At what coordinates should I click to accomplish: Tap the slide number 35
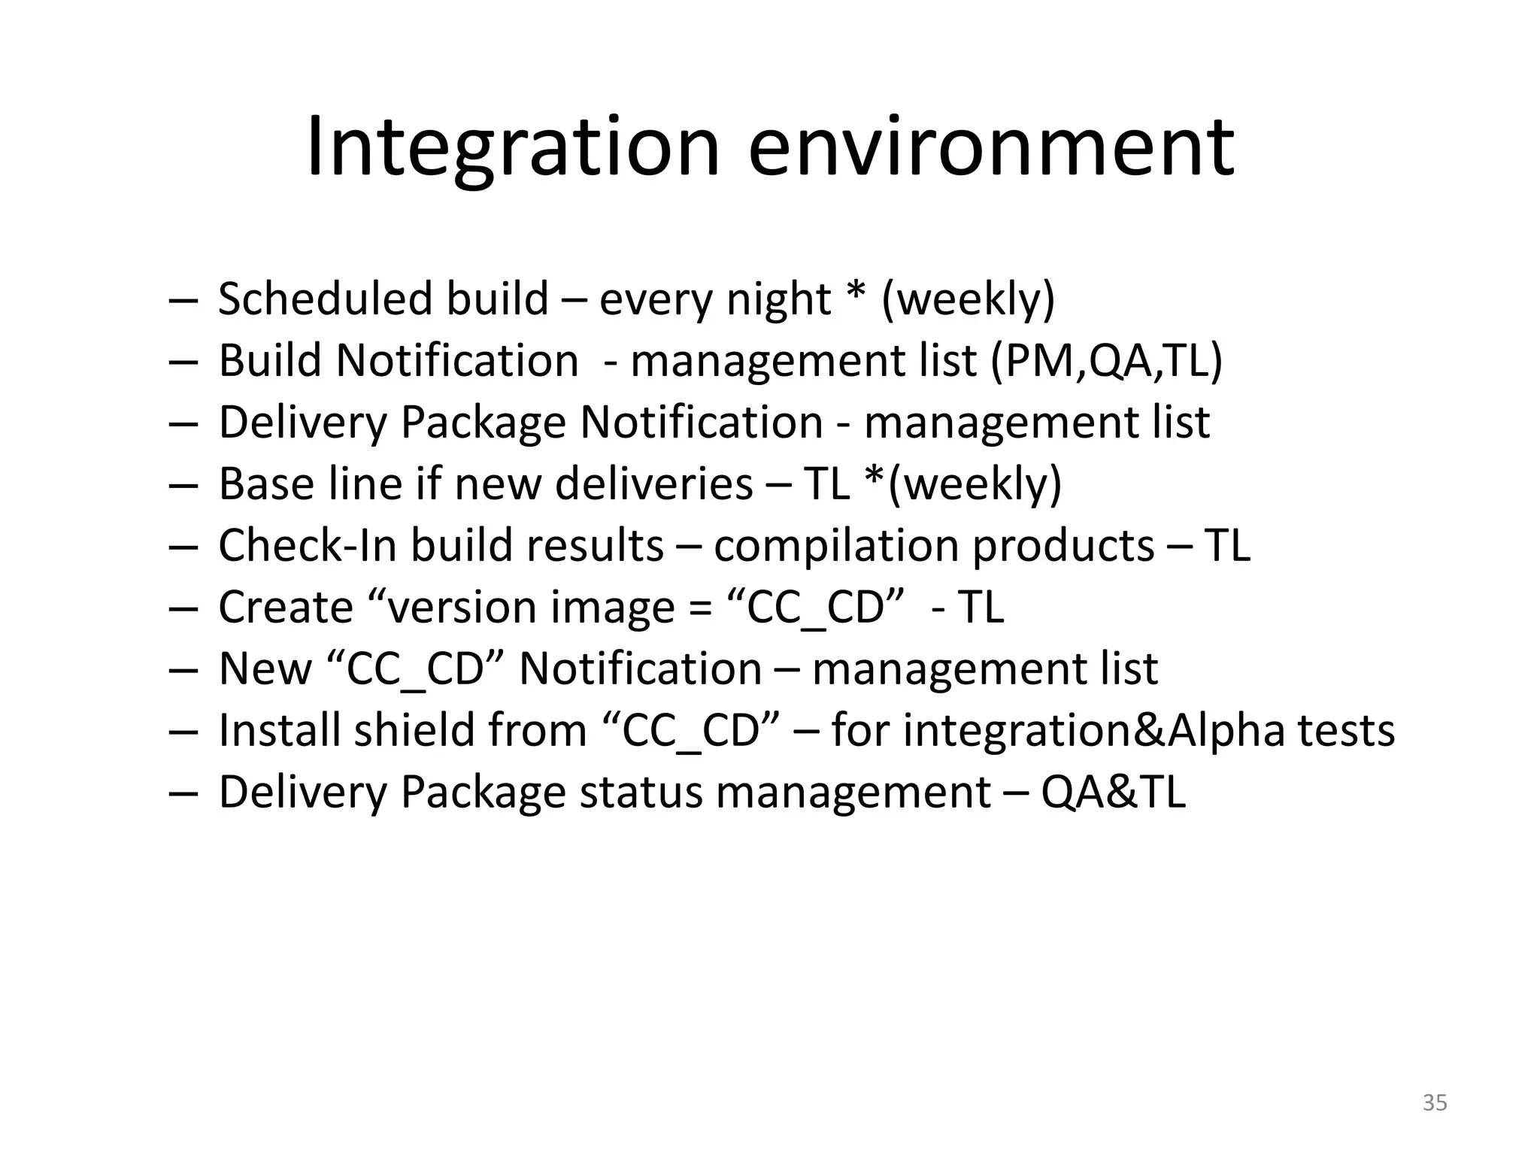(x=1435, y=1103)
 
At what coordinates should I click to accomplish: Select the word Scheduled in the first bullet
(x=325, y=299)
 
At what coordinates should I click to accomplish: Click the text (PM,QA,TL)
(x=1106, y=361)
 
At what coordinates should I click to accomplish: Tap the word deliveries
(x=653, y=484)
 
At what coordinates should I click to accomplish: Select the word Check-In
(x=307, y=545)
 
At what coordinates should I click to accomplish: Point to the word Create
(x=285, y=607)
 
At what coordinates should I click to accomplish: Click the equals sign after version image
(x=700, y=608)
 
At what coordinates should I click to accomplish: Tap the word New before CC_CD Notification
(x=265, y=668)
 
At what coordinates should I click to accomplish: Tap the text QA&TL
(x=1113, y=792)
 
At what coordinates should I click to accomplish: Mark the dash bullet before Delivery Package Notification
(x=182, y=423)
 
